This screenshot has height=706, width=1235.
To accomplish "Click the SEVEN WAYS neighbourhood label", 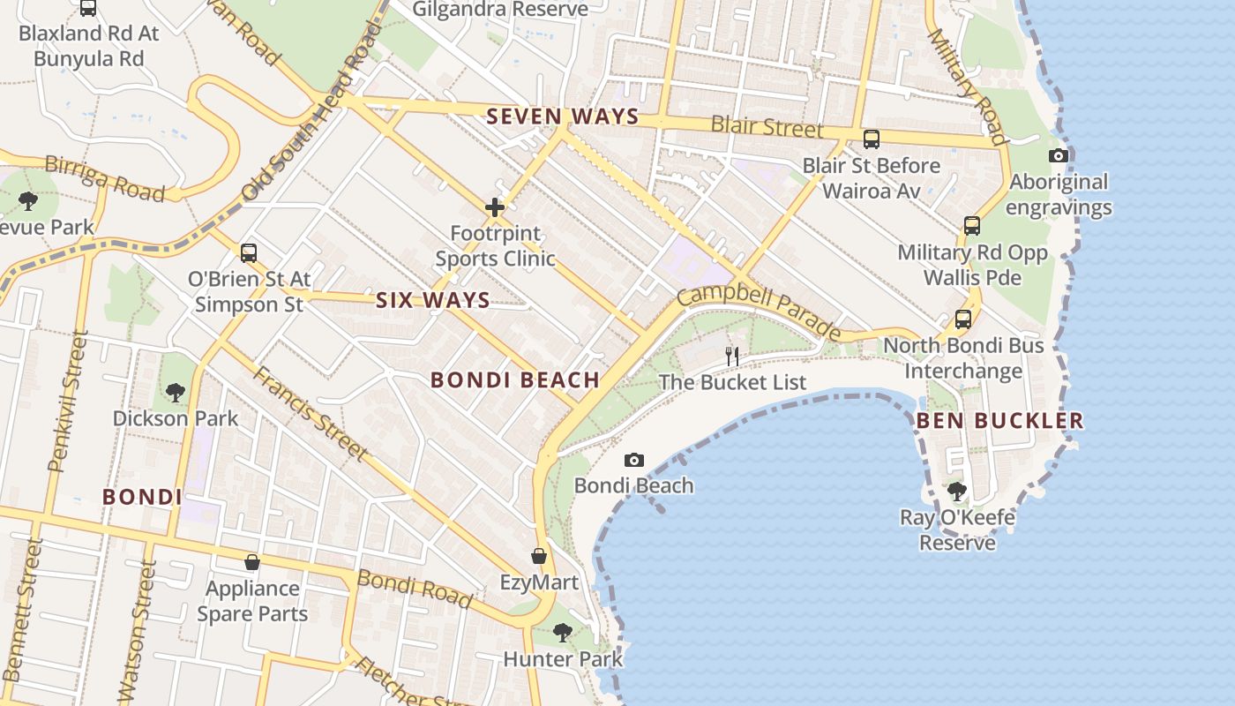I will tap(563, 116).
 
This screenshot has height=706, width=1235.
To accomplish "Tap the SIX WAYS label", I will tap(433, 300).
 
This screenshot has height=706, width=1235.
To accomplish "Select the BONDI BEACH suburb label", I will tap(515, 380).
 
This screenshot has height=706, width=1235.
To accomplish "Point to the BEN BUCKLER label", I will tap(999, 421).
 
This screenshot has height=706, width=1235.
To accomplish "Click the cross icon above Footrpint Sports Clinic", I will tap(495, 208).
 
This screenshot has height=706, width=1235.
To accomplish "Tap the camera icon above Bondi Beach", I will tap(633, 461).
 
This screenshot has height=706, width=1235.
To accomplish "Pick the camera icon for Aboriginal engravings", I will tap(1058, 156).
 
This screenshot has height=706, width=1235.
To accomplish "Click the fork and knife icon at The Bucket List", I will tap(732, 357).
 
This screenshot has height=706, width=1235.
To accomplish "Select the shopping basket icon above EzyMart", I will tap(539, 557).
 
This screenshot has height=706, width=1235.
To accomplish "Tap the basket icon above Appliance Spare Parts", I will tap(252, 562).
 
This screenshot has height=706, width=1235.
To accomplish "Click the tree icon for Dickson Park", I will tap(176, 392).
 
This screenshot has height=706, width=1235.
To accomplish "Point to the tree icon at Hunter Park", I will tap(563, 633).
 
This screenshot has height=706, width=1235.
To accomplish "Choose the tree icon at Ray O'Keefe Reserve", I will tap(957, 492).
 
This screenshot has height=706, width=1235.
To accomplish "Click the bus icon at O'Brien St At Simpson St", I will tap(249, 253).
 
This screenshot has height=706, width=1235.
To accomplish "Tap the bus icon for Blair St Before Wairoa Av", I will tap(872, 139).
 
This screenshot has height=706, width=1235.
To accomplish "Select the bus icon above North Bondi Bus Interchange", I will tap(963, 319).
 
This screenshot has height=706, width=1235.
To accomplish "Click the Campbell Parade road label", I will tap(760, 310).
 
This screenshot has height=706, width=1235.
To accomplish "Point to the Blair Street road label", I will tap(767, 127).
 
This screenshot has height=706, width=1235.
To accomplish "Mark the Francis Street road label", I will tap(311, 413).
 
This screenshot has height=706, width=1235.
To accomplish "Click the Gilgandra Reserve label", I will tap(500, 10).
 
